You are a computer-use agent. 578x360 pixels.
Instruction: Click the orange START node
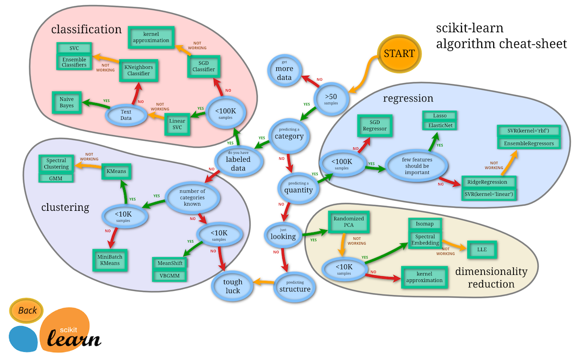tap(399, 53)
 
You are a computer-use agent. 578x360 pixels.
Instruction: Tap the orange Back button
tap(27, 310)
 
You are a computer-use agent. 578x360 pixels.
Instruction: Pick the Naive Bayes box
tap(67, 102)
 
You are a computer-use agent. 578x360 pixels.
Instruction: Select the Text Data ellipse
tap(126, 116)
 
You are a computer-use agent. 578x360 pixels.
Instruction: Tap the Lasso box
tap(440, 116)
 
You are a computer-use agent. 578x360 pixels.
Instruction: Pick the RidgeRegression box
tap(487, 182)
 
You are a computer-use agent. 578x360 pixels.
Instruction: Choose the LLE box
tap(482, 249)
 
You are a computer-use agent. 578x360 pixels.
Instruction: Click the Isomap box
tap(425, 225)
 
